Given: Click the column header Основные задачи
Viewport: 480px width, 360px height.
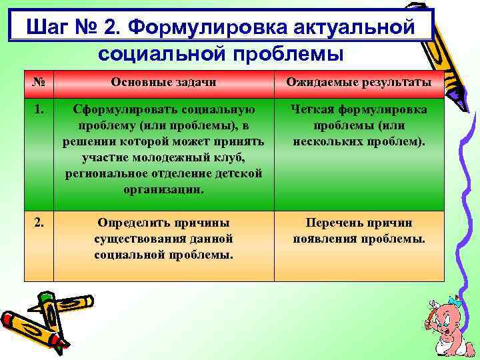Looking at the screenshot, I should [x=163, y=83].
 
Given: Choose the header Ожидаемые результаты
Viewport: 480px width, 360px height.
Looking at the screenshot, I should [x=359, y=83].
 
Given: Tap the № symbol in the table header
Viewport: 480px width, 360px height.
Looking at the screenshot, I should [x=39, y=82].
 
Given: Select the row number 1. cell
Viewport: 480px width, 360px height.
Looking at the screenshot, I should [x=39, y=109].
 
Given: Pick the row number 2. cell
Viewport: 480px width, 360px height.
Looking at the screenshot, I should [x=39, y=223].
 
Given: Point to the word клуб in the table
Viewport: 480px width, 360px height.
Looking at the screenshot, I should [x=229, y=157].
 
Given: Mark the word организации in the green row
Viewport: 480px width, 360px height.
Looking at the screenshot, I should [x=163, y=189].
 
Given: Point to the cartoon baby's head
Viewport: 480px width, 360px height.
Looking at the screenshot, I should [x=445, y=313].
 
